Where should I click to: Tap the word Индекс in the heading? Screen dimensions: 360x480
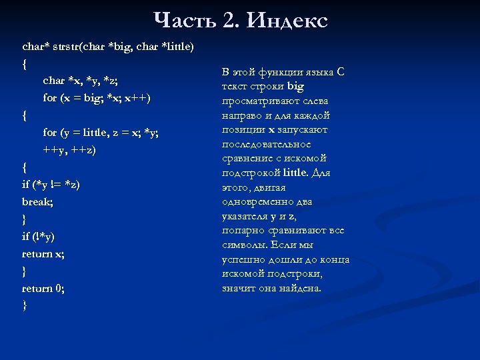(x=287, y=21)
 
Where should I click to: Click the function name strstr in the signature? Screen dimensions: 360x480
(x=63, y=47)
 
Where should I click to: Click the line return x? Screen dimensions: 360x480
(x=43, y=254)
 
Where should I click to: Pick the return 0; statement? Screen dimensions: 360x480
(x=43, y=289)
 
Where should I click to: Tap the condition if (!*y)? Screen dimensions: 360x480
(x=39, y=237)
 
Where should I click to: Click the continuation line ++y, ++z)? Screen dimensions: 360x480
(x=69, y=150)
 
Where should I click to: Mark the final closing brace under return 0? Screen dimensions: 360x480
(x=25, y=306)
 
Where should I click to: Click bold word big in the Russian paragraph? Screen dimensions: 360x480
(x=295, y=87)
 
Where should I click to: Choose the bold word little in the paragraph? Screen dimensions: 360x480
(x=296, y=173)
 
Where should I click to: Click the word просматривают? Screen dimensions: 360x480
(x=265, y=101)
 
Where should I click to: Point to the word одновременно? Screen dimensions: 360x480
(x=257, y=202)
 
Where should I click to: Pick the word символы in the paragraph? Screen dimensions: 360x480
(x=243, y=245)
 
